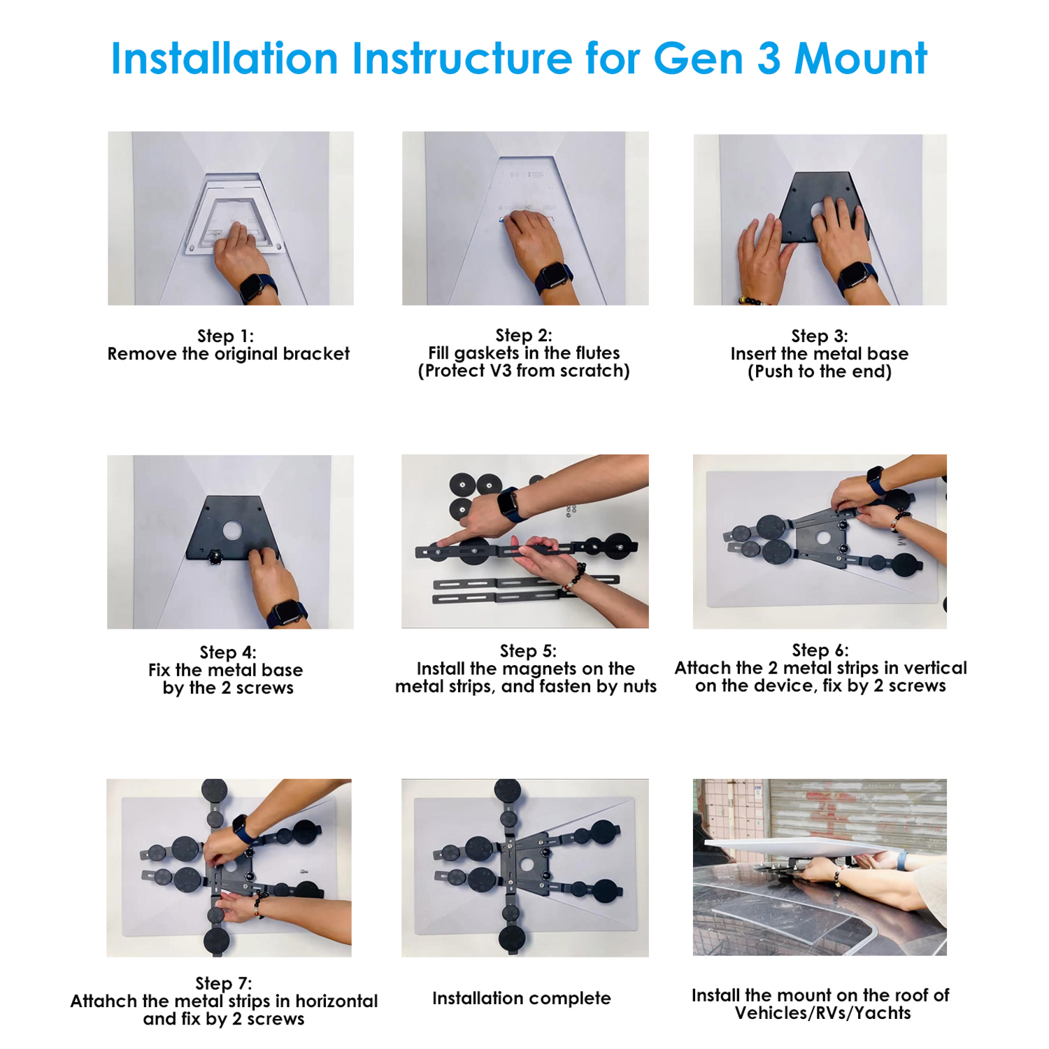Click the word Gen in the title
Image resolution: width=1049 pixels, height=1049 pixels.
tap(698, 58)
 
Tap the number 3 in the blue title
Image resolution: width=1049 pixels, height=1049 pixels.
tap(769, 58)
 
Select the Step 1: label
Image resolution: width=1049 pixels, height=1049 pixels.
tap(225, 336)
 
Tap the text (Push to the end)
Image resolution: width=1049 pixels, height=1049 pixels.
tap(820, 371)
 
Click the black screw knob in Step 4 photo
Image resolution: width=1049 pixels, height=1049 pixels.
tap(215, 556)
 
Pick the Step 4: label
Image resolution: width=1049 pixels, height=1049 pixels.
tap(228, 652)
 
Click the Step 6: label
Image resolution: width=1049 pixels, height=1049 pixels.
tap(820, 650)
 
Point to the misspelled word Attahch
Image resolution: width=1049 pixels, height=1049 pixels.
tap(104, 1001)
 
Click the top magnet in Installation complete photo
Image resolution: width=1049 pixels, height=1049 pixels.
tap(507, 791)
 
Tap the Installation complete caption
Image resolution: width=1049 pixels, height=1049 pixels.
tap(522, 999)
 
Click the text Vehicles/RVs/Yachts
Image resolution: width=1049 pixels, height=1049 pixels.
tap(823, 1013)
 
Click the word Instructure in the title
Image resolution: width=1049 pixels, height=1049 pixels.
tap(462, 58)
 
